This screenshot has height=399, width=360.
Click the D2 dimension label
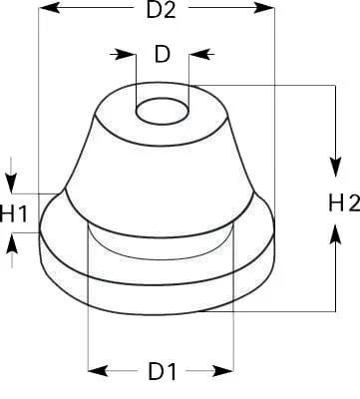click(x=161, y=11)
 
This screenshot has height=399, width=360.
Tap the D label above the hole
click(x=163, y=54)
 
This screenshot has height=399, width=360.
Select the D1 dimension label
click(x=162, y=371)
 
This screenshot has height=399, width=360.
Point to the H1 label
click(x=13, y=213)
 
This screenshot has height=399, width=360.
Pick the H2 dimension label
click(x=344, y=203)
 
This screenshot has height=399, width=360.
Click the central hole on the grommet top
click(x=163, y=111)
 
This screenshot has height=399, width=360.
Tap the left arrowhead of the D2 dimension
click(x=50, y=8)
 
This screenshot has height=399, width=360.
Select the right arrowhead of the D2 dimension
click(x=264, y=8)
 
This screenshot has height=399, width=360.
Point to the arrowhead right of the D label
click(x=199, y=54)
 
